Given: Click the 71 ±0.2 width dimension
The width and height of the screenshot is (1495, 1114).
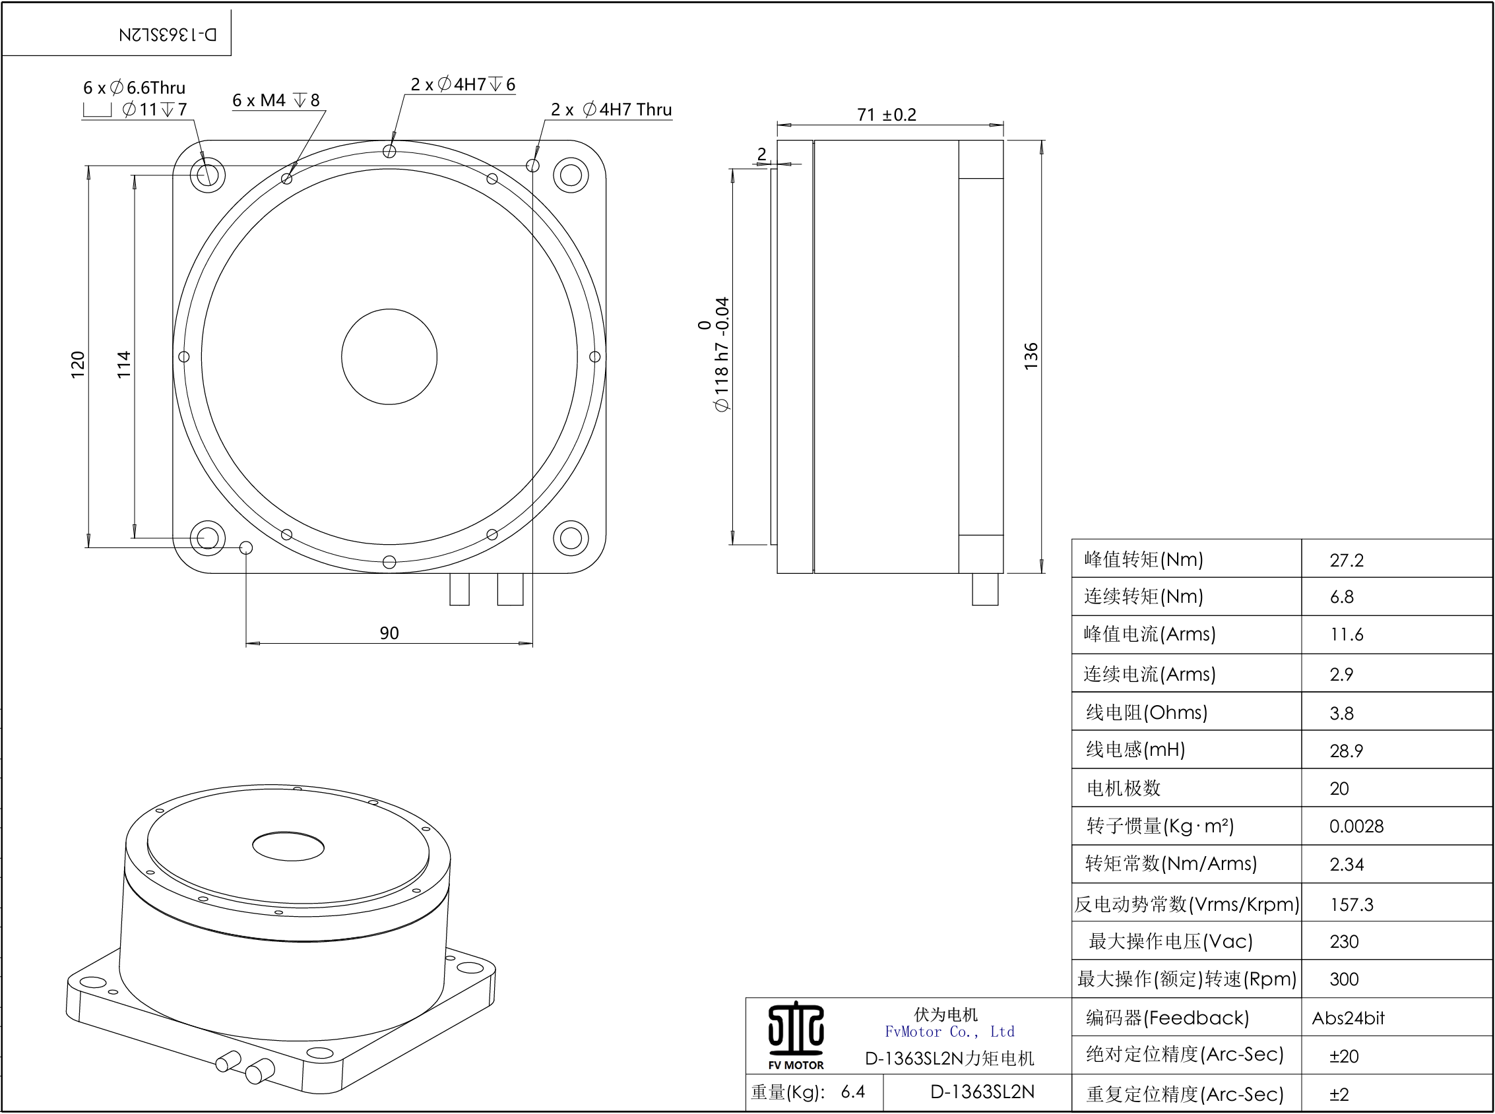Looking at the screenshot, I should click(886, 115).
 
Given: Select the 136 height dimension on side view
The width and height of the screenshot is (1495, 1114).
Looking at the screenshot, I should click(1031, 356).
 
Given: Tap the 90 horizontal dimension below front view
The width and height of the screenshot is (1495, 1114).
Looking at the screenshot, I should click(389, 633).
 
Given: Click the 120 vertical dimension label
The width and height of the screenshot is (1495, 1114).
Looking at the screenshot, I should click(79, 364).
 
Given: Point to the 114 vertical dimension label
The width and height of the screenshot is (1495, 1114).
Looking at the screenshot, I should click(124, 364).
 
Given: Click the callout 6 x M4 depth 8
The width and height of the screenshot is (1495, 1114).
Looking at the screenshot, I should click(276, 100).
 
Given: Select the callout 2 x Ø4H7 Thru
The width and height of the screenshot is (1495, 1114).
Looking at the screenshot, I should click(611, 109).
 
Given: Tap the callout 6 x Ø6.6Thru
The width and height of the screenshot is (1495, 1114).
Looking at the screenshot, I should click(134, 88).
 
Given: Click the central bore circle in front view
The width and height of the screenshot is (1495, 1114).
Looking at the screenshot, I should click(389, 357).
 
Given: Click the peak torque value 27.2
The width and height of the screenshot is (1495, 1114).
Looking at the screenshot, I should click(1346, 561).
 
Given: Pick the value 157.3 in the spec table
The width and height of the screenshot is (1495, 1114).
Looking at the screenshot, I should click(1351, 904).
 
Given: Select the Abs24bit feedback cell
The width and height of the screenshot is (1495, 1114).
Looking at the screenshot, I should click(1347, 1018).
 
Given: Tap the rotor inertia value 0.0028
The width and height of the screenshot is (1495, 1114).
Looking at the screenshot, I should click(1356, 826).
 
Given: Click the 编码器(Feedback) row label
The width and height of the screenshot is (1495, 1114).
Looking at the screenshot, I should click(1166, 1018).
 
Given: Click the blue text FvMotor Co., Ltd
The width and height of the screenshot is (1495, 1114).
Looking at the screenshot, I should click(949, 1032).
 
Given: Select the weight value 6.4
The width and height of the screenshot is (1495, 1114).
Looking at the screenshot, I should click(852, 1092).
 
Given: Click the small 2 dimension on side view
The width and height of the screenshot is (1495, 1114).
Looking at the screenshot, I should click(761, 154).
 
